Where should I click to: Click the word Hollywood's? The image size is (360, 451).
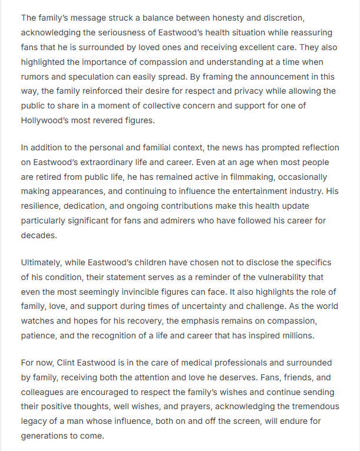tap(46, 121)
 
